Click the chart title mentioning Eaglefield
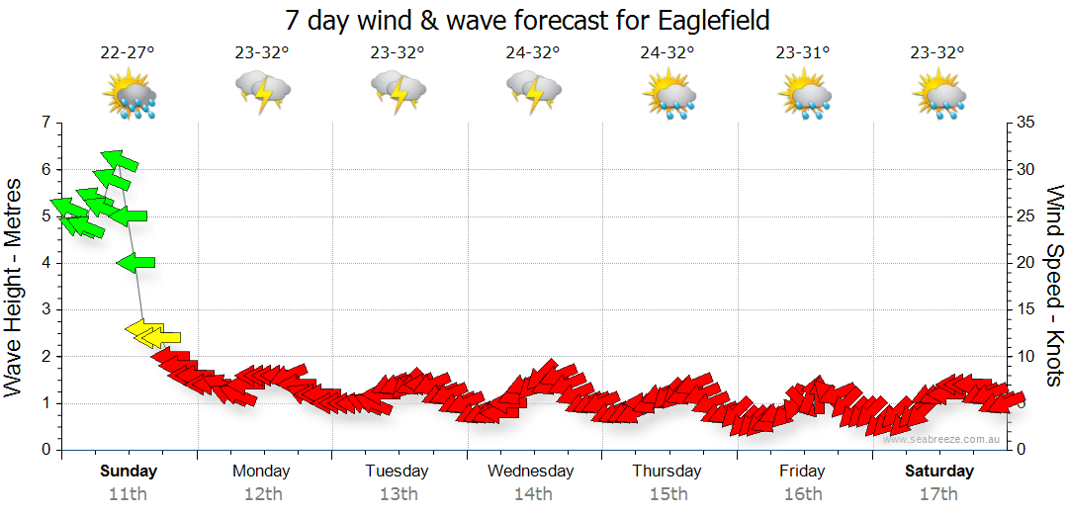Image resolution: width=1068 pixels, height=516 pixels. pyautogui.click(x=526, y=20)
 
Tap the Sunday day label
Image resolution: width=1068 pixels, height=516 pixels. pyautogui.click(x=129, y=471)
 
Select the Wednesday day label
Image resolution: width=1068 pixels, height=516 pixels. pyautogui.click(x=530, y=471)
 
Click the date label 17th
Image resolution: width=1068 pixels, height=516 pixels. pyautogui.click(x=937, y=493)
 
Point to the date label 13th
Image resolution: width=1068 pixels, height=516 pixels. pyautogui.click(x=397, y=493)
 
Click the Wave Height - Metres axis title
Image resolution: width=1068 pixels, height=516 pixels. pyautogui.click(x=15, y=287)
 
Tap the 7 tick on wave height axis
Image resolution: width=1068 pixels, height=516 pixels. pyautogui.click(x=45, y=123)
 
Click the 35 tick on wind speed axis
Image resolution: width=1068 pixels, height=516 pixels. pyautogui.click(x=1025, y=123)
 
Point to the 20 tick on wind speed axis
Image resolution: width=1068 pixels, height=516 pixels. pyautogui.click(x=1025, y=263)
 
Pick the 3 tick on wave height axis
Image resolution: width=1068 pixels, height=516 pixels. pyautogui.click(x=45, y=309)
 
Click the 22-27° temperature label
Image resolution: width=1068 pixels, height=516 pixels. pyautogui.click(x=128, y=53)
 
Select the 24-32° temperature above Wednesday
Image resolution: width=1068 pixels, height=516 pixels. pyautogui.click(x=532, y=53)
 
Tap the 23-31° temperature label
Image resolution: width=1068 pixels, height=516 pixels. pyautogui.click(x=802, y=53)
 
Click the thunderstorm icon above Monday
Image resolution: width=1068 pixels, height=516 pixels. pyautogui.click(x=262, y=93)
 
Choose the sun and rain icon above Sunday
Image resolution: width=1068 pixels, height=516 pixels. pyautogui.click(x=129, y=96)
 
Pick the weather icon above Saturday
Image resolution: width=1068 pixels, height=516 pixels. pyautogui.click(x=938, y=96)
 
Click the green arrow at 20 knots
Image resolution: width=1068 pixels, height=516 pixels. pyautogui.click(x=135, y=262)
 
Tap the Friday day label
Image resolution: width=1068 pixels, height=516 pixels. pyautogui.click(x=802, y=471)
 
